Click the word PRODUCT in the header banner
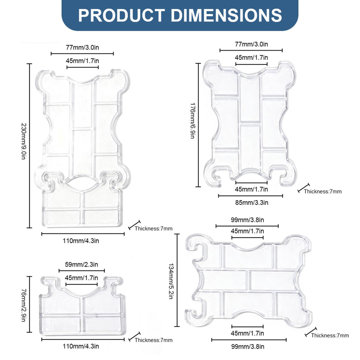(121, 15)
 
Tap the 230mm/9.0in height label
(24, 141)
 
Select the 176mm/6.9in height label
(193, 121)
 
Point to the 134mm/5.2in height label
(171, 281)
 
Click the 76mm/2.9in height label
(24, 305)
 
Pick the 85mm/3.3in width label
(252, 203)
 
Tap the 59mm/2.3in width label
(82, 264)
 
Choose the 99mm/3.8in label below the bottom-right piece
(248, 346)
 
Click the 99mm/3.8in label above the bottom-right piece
(247, 220)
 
